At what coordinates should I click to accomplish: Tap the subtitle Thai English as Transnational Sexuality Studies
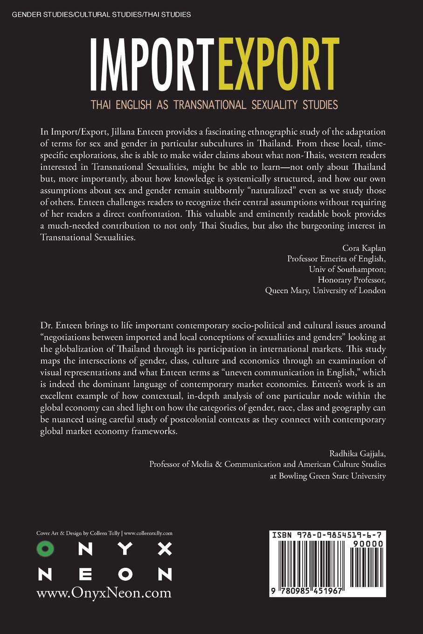214,104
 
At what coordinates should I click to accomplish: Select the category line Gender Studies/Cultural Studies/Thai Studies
101,14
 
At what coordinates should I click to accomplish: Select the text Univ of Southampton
347,269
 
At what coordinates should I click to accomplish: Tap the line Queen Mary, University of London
325,290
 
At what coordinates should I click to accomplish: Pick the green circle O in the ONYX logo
45,549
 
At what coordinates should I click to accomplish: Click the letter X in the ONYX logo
165,549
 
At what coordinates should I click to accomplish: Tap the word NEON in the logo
105,574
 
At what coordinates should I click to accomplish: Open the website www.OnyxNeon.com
104,593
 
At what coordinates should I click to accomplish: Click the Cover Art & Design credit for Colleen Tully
104,533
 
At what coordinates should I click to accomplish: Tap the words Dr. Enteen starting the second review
62,325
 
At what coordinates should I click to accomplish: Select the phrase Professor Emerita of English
336,258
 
